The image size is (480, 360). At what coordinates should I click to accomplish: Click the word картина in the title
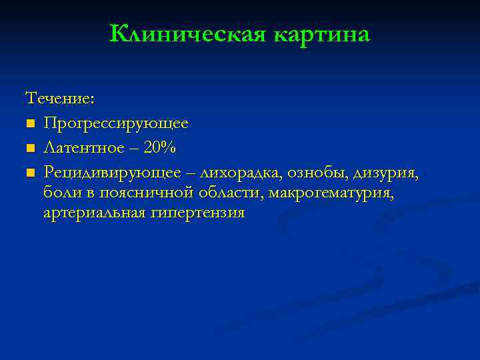321,33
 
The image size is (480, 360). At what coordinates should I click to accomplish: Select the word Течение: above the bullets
60,99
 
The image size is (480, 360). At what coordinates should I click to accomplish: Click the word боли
61,193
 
